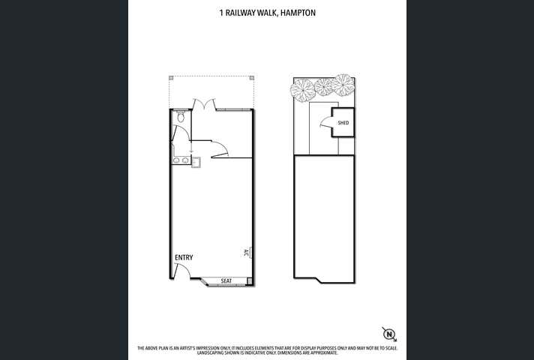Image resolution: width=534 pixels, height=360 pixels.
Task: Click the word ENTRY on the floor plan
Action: coord(184,257)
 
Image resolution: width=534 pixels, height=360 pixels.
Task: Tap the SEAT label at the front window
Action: coord(226,281)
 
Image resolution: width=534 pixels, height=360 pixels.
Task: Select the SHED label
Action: coord(343,123)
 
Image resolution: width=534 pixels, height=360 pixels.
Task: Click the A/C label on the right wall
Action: coord(247,253)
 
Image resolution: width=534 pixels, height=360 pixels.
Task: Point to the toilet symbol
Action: coord(181,117)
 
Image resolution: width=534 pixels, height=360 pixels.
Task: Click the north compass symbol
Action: coord(389,334)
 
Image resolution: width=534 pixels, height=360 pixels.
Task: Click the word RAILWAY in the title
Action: coord(237,12)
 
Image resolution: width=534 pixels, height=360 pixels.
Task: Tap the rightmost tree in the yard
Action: coord(343,84)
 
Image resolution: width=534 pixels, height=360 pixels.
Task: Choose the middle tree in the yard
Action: coord(324,86)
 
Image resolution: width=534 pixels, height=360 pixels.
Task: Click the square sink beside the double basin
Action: coord(196,160)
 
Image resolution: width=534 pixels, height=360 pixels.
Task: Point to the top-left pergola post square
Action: coord(171,77)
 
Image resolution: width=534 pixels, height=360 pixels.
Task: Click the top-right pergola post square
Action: coord(253,77)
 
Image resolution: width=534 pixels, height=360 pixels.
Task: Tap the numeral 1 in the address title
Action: coord(220,12)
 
